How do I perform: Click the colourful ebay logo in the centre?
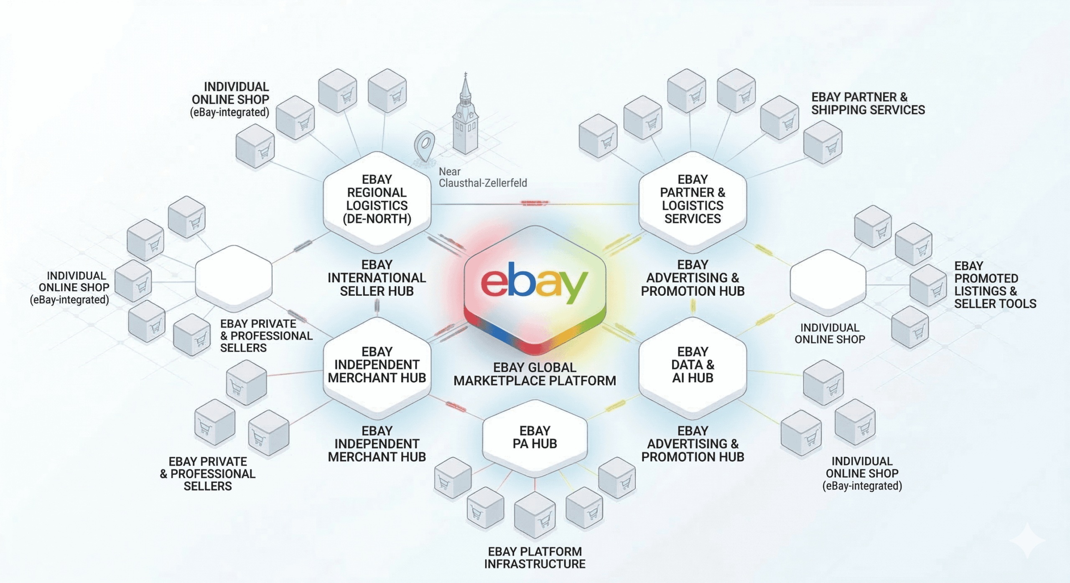click(x=534, y=282)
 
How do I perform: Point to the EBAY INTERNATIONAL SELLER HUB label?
click(x=377, y=278)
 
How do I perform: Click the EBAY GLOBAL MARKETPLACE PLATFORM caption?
click(x=535, y=374)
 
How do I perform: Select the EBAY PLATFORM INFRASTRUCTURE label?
click(x=535, y=558)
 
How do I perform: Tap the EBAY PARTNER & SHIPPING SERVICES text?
click(x=868, y=104)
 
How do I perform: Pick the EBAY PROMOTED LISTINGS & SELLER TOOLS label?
click(x=995, y=285)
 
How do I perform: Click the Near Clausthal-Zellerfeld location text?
click(x=482, y=177)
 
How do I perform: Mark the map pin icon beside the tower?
click(x=425, y=146)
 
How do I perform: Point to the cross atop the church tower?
click(x=466, y=75)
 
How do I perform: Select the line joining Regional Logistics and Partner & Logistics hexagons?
click(x=535, y=204)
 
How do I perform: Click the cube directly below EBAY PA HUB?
click(x=535, y=515)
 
